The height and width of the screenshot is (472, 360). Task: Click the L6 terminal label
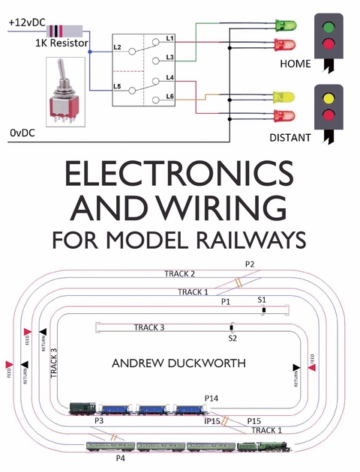170,97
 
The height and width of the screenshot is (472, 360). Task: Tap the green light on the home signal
332,24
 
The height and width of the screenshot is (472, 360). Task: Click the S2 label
232,339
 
